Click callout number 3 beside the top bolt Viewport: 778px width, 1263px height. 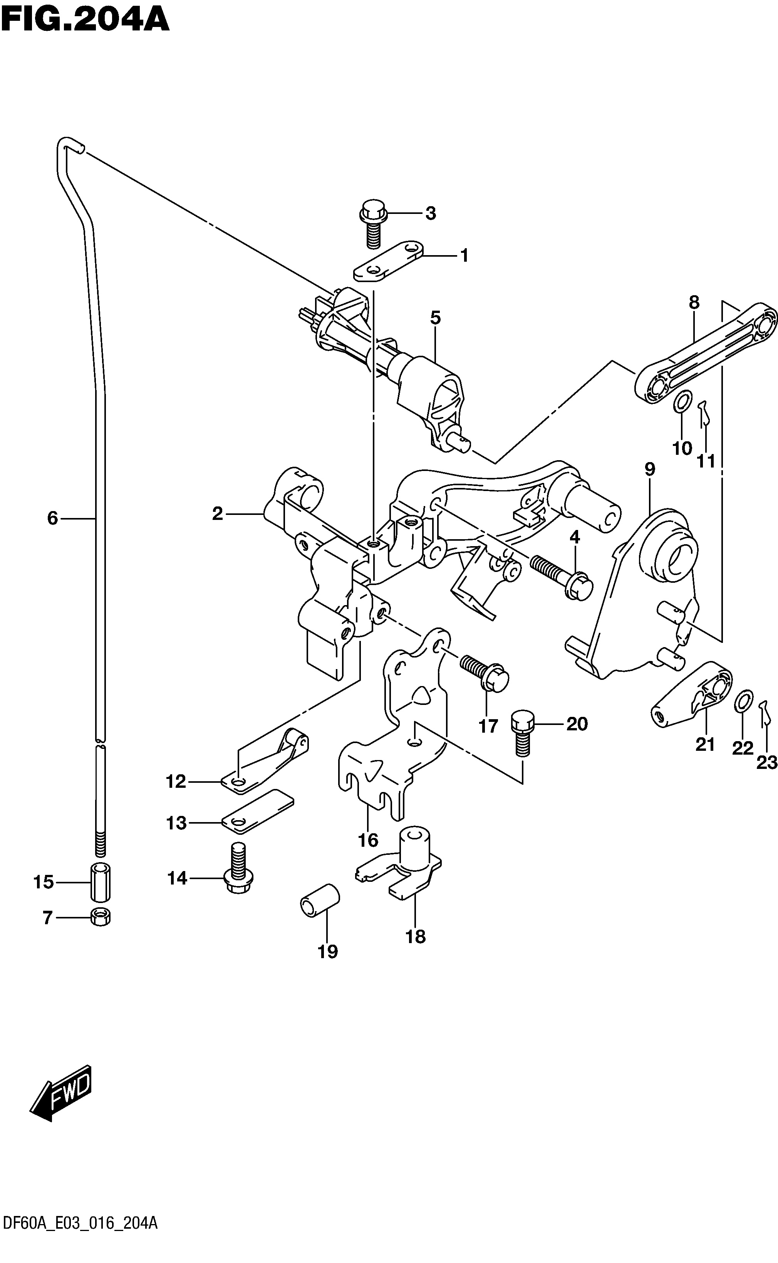pos(431,213)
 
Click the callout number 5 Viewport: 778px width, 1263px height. pos(435,318)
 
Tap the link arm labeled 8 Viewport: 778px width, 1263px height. pos(705,357)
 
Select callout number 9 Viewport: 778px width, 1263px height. pos(649,469)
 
